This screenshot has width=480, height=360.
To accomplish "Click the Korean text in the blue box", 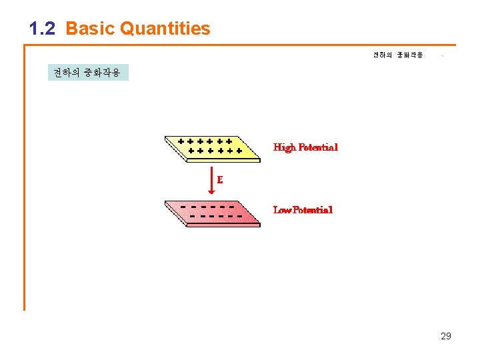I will tap(87, 73).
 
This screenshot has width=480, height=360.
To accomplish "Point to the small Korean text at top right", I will tap(397, 55).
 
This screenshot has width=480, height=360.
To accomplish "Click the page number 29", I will tap(446, 336).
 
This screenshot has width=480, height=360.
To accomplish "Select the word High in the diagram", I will tap(285, 147).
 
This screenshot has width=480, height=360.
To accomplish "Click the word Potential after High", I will tap(318, 147).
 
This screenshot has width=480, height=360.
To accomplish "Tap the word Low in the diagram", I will tap(283, 210).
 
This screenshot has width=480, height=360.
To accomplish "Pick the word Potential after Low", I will tap(313, 210).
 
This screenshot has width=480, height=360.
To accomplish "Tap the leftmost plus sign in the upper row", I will tap(181, 141).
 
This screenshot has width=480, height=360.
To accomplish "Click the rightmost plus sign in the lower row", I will tap(238, 151).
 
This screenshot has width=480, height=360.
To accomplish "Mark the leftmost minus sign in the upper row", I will tap(183, 206).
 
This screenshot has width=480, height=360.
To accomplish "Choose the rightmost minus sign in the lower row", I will tap(237, 216).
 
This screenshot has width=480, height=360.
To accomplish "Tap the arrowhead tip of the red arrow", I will tap(211, 193).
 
